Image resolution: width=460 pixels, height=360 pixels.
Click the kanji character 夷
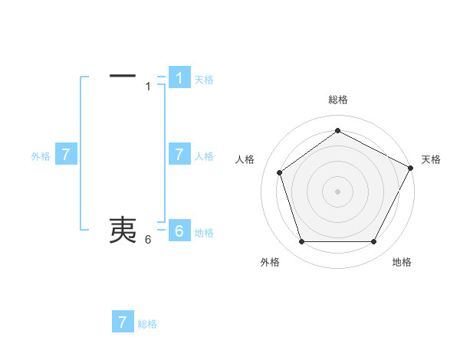click(x=123, y=229)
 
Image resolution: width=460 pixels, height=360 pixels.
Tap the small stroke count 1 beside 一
click(x=148, y=87)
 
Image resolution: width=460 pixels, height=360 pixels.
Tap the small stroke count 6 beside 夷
click(x=148, y=240)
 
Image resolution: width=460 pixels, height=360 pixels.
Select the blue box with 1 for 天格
click(x=179, y=78)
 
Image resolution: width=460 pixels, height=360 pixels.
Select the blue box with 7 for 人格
click(x=179, y=155)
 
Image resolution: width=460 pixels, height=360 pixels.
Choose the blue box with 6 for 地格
click(x=179, y=231)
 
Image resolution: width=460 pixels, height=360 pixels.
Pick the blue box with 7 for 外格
click(x=66, y=155)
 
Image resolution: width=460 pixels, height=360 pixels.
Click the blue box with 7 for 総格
click(x=123, y=322)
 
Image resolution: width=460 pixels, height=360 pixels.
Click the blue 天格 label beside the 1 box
click(x=204, y=80)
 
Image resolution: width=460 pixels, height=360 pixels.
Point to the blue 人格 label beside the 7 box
click(x=204, y=156)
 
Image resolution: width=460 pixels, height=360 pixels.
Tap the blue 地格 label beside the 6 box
click(x=204, y=233)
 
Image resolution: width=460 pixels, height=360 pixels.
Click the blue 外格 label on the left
click(x=41, y=156)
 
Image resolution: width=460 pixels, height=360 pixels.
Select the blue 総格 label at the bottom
click(x=147, y=324)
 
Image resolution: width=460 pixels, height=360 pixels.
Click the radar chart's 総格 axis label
click(x=337, y=100)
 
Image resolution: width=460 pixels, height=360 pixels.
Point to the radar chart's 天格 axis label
click(x=431, y=159)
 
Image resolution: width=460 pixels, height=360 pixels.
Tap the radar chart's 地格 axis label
click(x=402, y=262)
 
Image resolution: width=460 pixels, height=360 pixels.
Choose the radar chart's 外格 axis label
click(x=270, y=262)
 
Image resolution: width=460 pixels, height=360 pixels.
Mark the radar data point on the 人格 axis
click(x=280, y=172)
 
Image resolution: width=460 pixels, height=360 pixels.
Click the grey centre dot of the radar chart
click(x=337, y=191)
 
